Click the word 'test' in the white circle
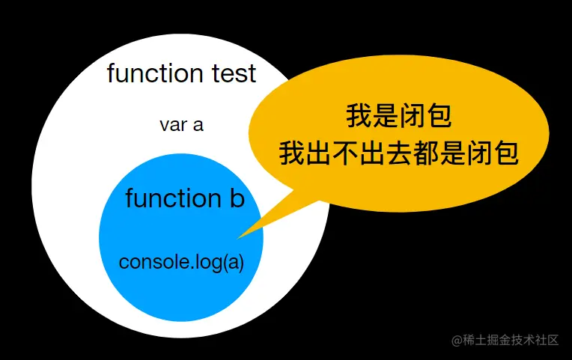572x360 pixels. tap(232, 73)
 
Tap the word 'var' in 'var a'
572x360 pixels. tap(172, 124)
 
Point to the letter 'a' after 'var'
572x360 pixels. tap(198, 125)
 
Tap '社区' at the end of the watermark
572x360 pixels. tap(547, 340)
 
